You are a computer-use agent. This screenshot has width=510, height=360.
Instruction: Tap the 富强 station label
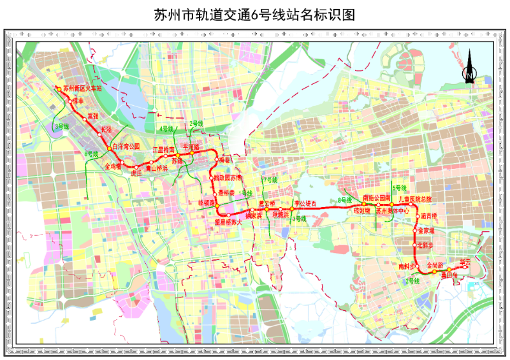(92, 117)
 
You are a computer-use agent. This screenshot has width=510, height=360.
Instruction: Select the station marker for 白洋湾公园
(109, 148)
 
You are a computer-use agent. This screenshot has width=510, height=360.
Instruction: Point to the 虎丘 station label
(135, 173)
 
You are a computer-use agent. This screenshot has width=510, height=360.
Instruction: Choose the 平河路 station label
(191, 147)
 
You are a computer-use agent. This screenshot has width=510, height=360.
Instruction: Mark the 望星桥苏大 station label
(228, 222)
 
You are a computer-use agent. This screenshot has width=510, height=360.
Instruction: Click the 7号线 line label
(271, 180)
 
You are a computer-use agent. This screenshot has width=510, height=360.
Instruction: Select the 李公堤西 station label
(305, 203)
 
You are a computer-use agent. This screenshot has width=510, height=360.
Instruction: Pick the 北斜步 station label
(425, 245)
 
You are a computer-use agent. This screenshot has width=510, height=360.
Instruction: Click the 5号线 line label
(400, 189)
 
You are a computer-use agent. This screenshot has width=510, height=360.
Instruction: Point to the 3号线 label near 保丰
(61, 127)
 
